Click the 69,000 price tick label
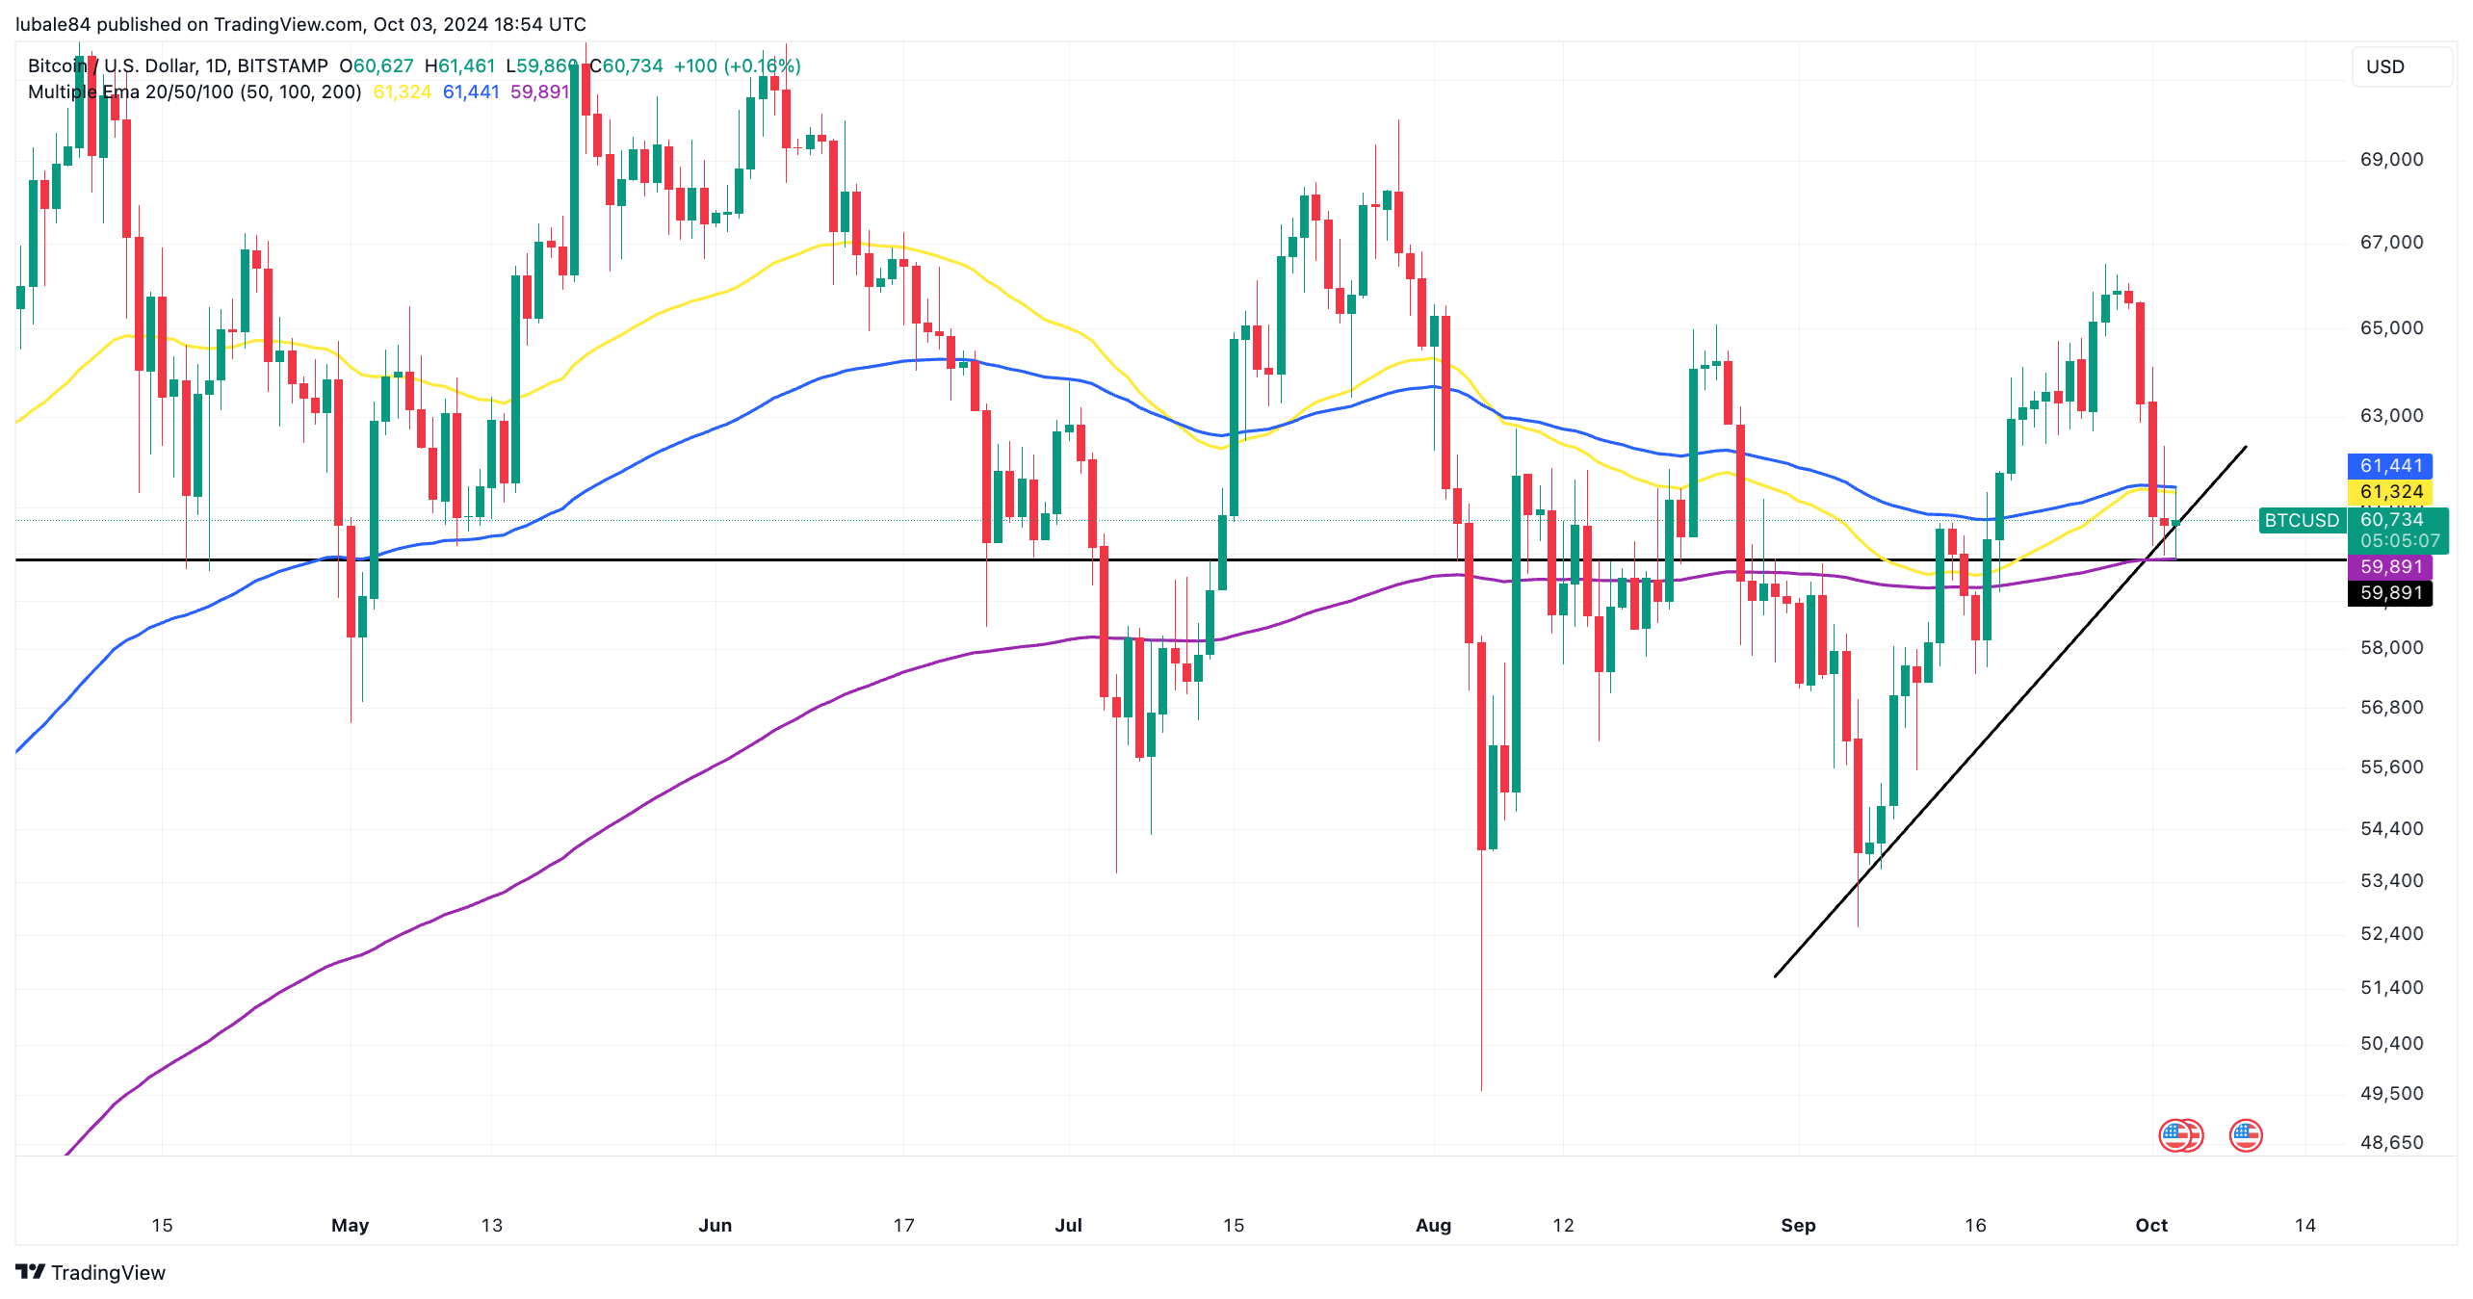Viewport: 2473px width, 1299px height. (x=2391, y=160)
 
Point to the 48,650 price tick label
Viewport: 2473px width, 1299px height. (x=2391, y=1143)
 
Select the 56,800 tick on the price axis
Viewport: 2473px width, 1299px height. (x=2391, y=708)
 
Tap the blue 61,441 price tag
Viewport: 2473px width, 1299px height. (x=2390, y=466)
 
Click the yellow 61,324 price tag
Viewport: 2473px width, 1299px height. (x=2390, y=492)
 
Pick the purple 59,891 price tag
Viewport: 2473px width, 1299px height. (x=2390, y=567)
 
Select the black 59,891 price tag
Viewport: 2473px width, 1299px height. (x=2390, y=593)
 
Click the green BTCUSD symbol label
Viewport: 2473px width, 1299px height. (x=2301, y=521)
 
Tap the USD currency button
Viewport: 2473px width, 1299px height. (x=2385, y=67)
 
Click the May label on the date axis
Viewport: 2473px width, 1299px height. (x=350, y=1226)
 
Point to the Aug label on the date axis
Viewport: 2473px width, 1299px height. (x=1433, y=1226)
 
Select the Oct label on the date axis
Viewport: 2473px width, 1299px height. (x=2151, y=1226)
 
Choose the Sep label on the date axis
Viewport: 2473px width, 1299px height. (x=1798, y=1226)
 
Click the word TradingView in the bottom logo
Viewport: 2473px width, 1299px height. (x=108, y=1273)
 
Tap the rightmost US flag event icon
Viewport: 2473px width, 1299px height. (x=2245, y=1136)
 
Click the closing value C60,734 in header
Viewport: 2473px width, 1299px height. (x=626, y=66)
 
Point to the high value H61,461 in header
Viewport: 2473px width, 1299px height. (x=459, y=66)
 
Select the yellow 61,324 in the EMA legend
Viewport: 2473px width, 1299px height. (x=402, y=92)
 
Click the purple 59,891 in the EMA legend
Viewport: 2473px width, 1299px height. (x=539, y=92)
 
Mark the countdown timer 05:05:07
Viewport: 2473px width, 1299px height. (x=2399, y=541)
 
